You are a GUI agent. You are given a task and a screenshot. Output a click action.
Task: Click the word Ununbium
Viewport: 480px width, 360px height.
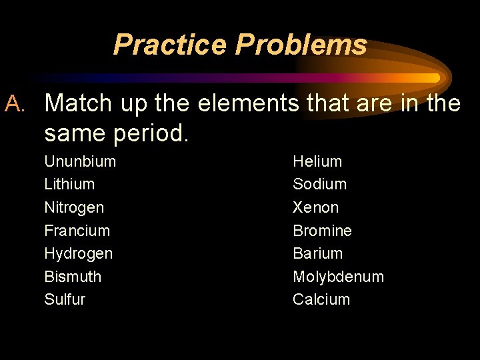point(80,161)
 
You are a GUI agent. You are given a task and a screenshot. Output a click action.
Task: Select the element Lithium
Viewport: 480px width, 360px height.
point(69,184)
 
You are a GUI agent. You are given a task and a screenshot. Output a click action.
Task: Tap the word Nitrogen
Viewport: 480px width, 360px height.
point(74,207)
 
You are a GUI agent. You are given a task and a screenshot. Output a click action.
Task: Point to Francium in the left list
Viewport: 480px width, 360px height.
point(77,231)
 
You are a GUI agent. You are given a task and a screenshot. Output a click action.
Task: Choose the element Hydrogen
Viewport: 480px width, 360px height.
point(78,254)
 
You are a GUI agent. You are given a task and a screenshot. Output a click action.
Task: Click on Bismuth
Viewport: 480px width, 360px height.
point(73,277)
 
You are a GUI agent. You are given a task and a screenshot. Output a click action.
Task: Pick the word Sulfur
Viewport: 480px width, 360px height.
point(65,299)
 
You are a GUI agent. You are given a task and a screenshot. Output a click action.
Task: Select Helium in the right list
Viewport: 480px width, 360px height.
point(317,161)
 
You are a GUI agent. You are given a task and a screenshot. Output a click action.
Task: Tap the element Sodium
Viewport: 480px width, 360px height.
point(319,184)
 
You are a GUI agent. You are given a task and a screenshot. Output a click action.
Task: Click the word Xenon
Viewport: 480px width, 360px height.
point(315,207)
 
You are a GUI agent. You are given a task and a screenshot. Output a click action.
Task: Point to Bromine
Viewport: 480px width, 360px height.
point(322,231)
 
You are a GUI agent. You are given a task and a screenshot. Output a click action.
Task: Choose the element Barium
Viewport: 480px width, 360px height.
point(317,253)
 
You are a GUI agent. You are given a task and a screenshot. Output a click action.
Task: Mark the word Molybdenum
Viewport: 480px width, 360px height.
point(338,277)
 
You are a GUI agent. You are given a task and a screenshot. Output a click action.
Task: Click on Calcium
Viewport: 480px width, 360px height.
point(321,299)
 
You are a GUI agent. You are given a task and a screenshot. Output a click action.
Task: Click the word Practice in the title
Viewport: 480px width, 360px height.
point(170,45)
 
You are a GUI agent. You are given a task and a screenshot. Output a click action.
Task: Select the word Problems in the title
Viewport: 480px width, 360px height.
point(301,45)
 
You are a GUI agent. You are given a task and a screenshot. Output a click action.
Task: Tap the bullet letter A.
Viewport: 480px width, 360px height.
point(15,103)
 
